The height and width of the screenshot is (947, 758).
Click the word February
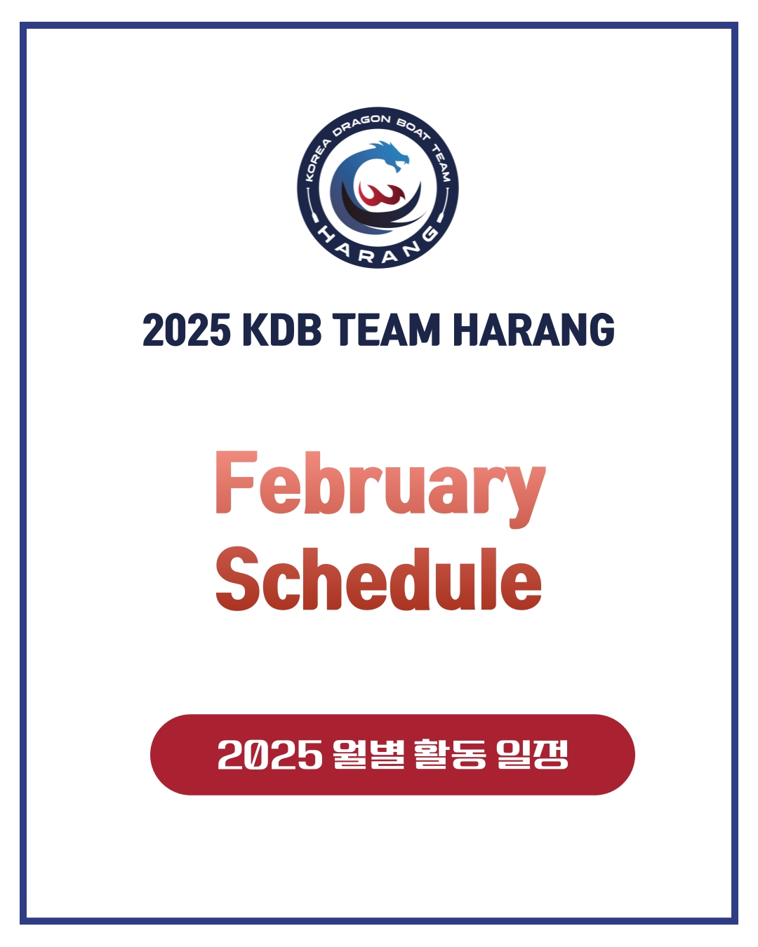[x=380, y=489]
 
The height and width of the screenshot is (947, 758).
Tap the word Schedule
[x=378, y=579]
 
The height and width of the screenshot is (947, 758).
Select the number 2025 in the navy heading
[x=186, y=330]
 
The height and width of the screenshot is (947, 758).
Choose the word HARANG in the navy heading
[x=534, y=330]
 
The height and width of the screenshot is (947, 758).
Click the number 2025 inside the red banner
[x=270, y=754]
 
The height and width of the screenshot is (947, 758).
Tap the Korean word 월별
[x=368, y=754]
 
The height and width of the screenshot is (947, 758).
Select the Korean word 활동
[x=450, y=754]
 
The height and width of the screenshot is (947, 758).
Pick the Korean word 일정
[x=532, y=754]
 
